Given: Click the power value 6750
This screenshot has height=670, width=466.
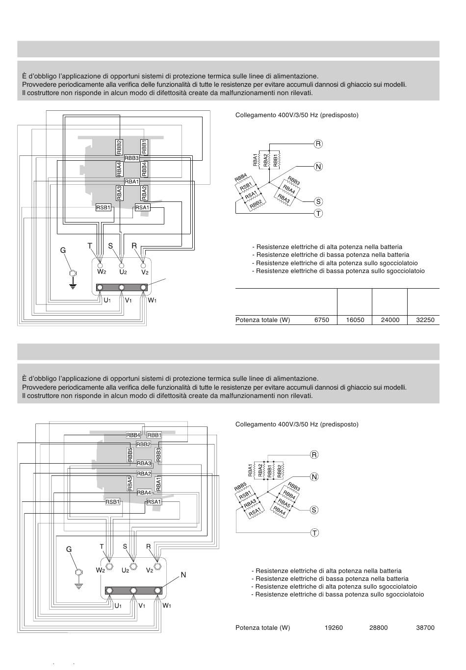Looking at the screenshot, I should click(x=322, y=320).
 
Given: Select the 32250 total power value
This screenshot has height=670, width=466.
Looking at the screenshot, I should click(x=425, y=320).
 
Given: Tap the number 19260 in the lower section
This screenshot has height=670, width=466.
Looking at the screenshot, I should click(x=334, y=628).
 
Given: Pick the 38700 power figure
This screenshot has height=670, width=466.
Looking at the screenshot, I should click(x=425, y=628).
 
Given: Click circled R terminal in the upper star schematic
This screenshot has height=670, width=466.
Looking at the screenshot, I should click(x=318, y=144).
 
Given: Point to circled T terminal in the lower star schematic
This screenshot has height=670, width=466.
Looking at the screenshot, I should click(x=314, y=533).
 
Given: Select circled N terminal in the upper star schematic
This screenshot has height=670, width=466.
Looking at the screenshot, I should click(x=318, y=167).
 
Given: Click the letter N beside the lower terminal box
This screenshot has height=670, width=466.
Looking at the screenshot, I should click(x=183, y=574).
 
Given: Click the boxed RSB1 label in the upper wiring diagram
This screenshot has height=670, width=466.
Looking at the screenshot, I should click(x=104, y=208).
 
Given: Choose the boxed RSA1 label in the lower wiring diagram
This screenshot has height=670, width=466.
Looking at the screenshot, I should click(x=154, y=502).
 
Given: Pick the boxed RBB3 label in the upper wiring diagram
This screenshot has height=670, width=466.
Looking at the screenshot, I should click(x=131, y=158).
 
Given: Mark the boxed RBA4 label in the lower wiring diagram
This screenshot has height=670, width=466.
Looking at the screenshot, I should click(x=144, y=493).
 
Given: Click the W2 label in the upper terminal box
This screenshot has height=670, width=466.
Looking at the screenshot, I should click(x=102, y=272).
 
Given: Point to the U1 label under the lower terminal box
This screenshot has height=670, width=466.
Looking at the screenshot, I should click(x=118, y=606).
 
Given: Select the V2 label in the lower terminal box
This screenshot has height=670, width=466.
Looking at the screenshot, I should click(x=150, y=570).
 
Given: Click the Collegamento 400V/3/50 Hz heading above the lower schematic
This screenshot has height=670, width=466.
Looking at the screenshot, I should click(x=297, y=424).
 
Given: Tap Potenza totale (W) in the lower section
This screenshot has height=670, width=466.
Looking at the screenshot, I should click(x=262, y=628).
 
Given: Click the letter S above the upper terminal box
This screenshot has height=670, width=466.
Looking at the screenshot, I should click(x=111, y=246).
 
